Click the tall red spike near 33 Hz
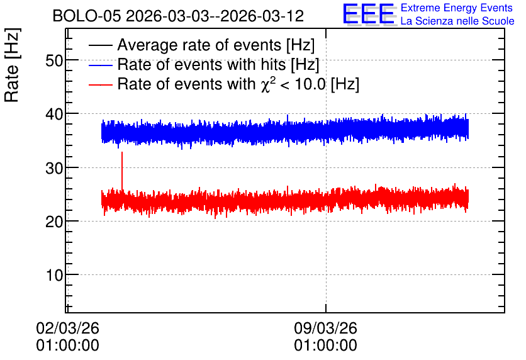[122, 171]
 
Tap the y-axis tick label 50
[54, 61]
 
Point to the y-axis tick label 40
[54, 115]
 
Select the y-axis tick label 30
[54, 168]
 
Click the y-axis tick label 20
[54, 222]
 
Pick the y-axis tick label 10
[54, 275]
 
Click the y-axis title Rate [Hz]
[12, 65]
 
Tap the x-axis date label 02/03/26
[68, 328]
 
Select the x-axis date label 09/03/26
[326, 328]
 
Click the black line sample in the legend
[101, 45]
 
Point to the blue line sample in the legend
[101, 65]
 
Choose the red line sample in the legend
[101, 84]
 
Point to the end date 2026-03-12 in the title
[262, 16]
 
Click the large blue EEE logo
[369, 14]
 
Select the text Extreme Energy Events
[457, 8]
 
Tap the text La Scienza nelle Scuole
[457, 21]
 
